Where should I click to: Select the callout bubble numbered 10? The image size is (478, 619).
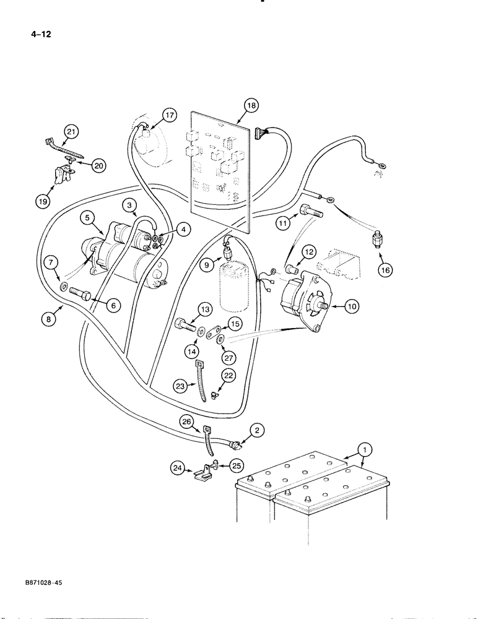[350, 305]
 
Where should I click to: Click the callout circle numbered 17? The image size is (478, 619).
[152, 115]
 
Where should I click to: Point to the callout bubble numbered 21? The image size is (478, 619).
[71, 131]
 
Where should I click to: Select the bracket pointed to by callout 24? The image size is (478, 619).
[201, 475]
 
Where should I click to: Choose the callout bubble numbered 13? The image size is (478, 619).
[205, 309]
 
